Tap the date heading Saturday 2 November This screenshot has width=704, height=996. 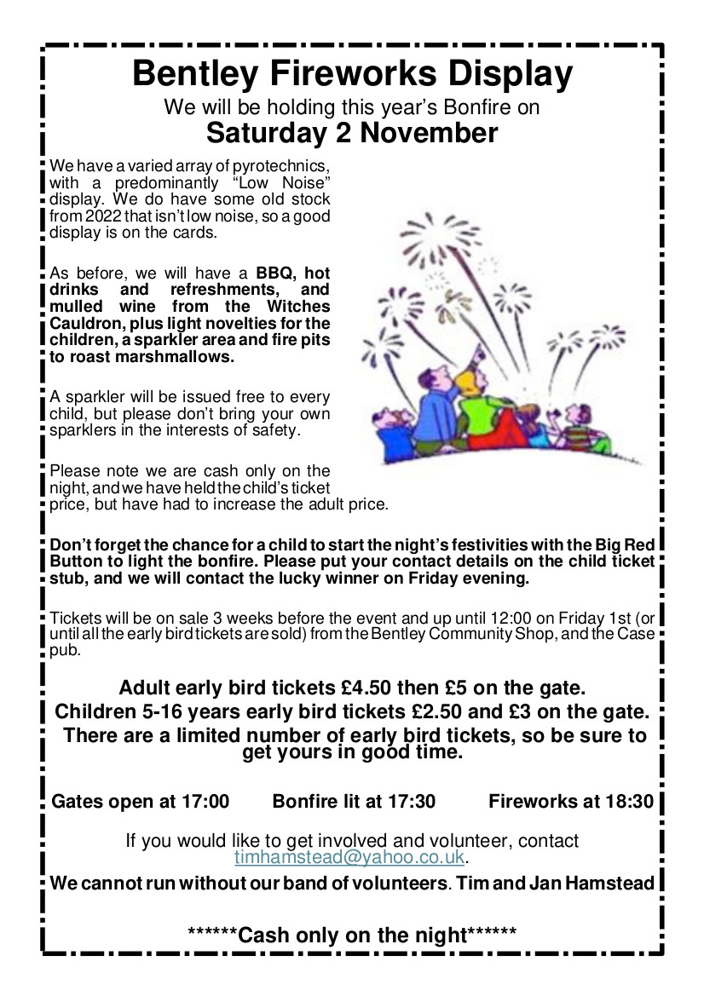point(352,134)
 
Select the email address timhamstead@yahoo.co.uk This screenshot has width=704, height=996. point(349,857)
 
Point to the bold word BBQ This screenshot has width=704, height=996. point(274,274)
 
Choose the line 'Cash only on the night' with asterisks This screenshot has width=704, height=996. point(352,935)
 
